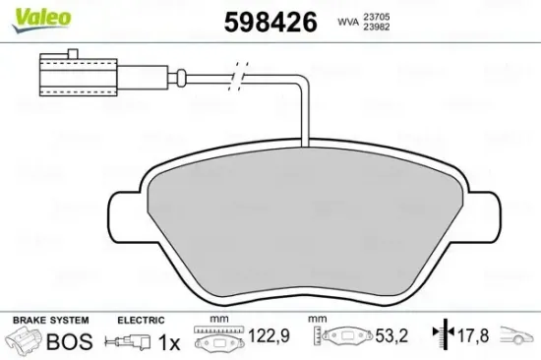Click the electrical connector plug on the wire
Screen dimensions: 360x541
click(60, 74)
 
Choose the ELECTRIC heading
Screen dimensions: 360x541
click(140, 321)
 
